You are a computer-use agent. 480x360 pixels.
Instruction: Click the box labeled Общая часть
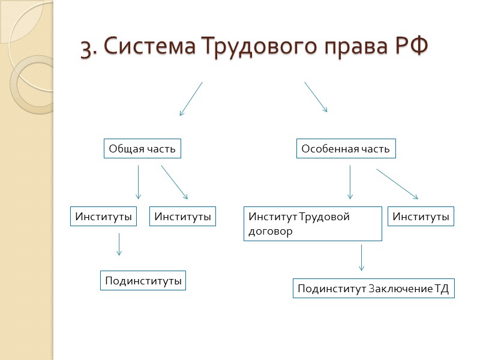(142, 149)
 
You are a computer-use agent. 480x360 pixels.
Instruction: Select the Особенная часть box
(346, 149)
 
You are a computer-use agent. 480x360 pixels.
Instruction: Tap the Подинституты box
(143, 280)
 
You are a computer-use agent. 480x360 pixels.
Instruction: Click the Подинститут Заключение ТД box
(373, 289)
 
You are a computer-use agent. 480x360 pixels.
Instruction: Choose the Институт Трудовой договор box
(313, 224)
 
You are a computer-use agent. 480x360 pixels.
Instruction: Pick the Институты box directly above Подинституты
(104, 217)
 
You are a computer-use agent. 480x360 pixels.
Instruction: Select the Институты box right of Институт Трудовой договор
(421, 217)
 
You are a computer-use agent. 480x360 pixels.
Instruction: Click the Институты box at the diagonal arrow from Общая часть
(183, 217)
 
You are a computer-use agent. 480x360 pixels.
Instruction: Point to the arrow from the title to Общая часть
(191, 99)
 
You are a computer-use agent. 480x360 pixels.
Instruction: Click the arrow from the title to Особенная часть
(316, 97)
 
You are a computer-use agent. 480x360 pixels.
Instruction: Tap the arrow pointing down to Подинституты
(119, 244)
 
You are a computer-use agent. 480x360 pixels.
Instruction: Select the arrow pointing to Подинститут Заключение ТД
(361, 257)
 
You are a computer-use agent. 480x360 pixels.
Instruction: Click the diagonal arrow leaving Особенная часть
(397, 184)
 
